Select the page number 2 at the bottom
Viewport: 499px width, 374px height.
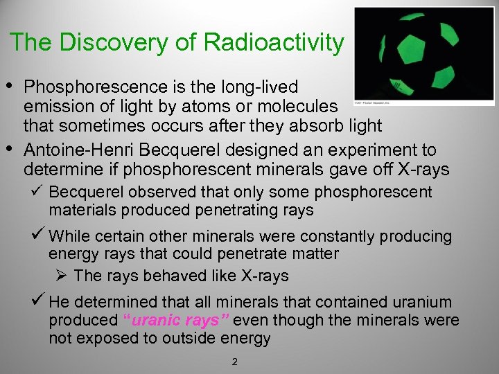[235, 361]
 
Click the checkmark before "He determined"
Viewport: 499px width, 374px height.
[39, 302]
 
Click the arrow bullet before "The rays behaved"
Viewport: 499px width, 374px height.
[60, 275]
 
